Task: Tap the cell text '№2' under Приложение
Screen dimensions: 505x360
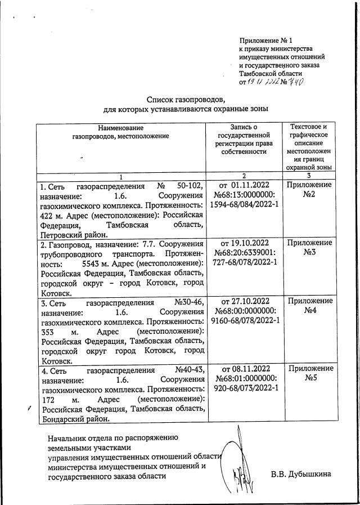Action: (x=309, y=195)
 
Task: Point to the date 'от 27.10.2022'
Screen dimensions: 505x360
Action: (x=244, y=301)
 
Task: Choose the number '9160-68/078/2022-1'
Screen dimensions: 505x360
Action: (x=244, y=321)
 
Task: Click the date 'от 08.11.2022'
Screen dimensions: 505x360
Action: (x=244, y=369)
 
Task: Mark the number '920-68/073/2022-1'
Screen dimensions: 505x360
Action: (x=244, y=388)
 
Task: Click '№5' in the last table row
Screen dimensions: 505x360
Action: (x=309, y=378)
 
